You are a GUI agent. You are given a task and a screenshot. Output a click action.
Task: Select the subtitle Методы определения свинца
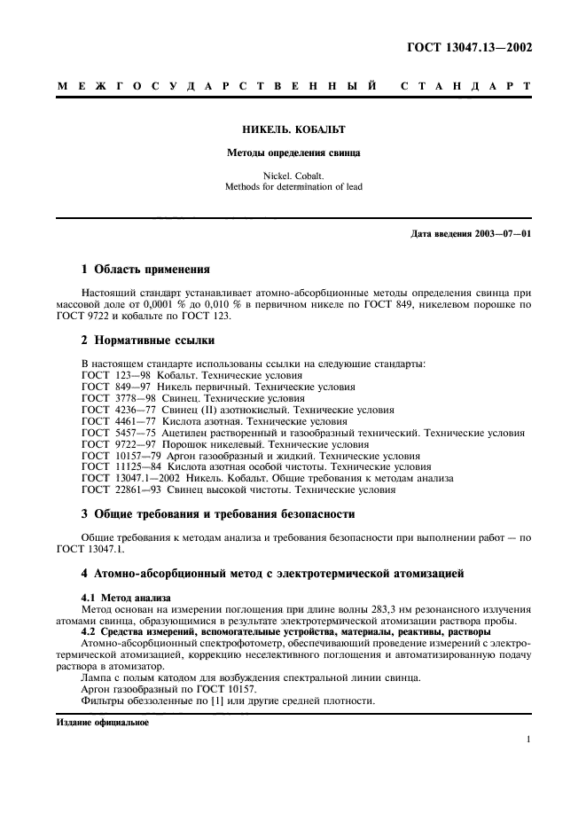click(293, 153)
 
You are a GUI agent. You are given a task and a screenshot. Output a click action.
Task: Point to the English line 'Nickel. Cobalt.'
click(293, 176)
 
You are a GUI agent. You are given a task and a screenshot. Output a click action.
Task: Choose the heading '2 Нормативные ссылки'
click(146, 341)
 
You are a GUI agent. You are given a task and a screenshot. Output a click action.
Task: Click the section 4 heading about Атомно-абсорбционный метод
click(272, 575)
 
